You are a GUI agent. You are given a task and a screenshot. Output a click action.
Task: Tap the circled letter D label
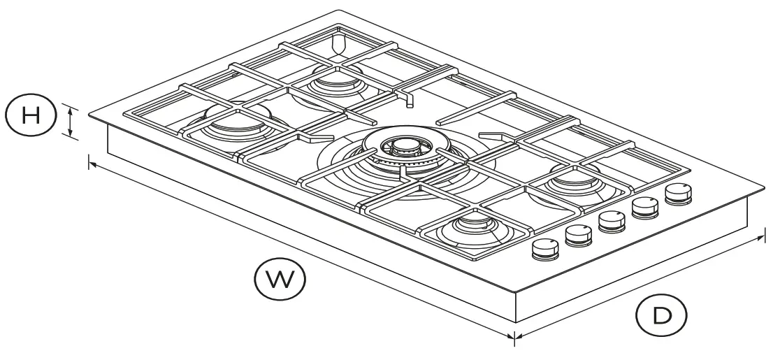point(660,315)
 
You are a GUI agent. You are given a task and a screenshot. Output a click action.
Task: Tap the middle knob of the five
point(612,221)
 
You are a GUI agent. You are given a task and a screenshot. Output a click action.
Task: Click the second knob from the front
point(579,235)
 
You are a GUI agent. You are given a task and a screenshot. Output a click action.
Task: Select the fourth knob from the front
point(645,207)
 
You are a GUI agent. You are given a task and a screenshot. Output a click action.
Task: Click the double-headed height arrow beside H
point(71,121)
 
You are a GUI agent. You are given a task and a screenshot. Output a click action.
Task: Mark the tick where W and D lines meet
point(514,338)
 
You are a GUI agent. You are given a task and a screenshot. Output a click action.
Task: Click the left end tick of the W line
point(89,163)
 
